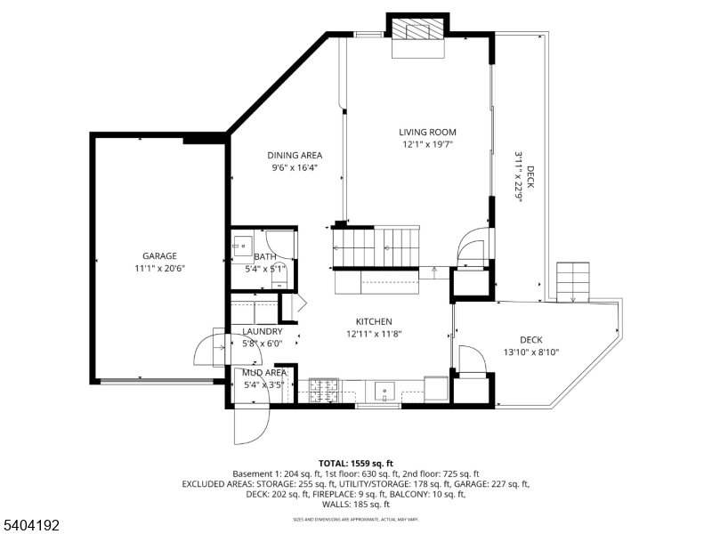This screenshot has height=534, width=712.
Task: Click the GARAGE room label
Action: (x=160, y=255)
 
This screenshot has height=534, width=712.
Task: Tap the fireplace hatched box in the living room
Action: (x=417, y=28)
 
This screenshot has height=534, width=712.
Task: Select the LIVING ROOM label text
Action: (x=427, y=132)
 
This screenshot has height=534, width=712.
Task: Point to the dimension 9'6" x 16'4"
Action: (x=295, y=166)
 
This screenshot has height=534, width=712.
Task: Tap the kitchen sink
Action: (x=384, y=389)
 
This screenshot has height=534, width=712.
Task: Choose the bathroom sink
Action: (x=241, y=246)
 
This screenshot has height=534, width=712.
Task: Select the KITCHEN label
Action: (x=374, y=321)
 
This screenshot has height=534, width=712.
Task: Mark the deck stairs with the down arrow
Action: (x=572, y=282)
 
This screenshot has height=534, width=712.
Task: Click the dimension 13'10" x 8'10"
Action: (x=530, y=352)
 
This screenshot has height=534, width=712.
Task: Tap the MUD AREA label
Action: (x=264, y=373)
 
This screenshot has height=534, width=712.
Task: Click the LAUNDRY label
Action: (x=263, y=331)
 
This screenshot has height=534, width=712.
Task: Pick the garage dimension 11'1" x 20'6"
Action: (x=160, y=268)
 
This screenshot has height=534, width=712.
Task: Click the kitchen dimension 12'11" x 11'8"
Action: (x=374, y=334)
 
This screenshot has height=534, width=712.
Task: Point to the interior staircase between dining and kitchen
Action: (x=374, y=245)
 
